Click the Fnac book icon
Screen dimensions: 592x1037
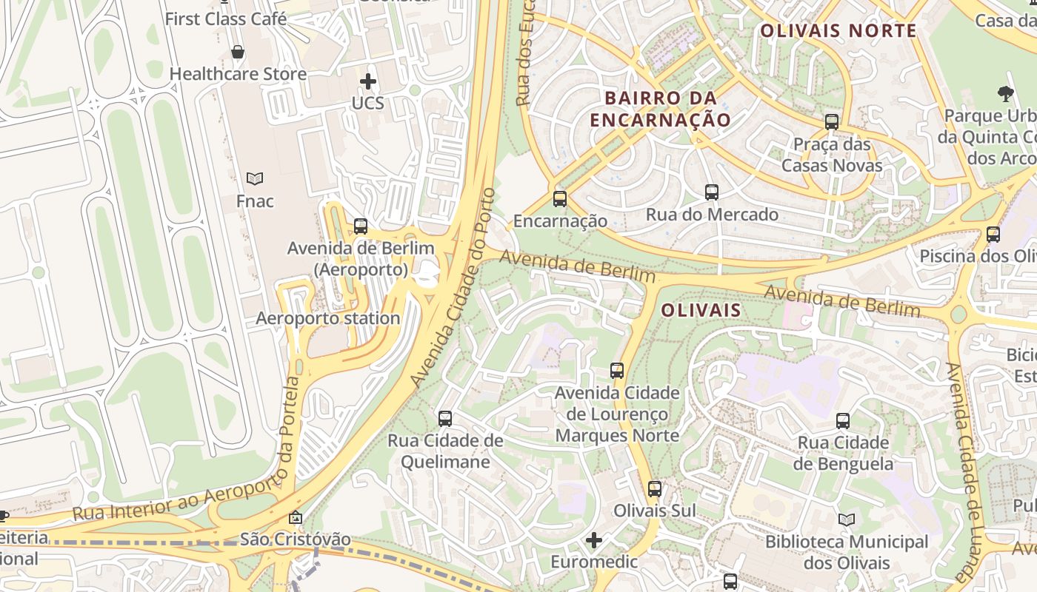click(x=255, y=178)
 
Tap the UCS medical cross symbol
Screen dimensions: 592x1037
click(x=368, y=81)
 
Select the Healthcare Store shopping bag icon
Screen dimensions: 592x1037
click(x=238, y=52)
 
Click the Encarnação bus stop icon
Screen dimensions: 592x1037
click(x=560, y=198)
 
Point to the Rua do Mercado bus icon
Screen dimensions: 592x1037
click(x=712, y=192)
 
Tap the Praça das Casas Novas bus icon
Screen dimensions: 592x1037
click(x=832, y=122)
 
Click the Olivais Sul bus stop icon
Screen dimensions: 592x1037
click(x=655, y=488)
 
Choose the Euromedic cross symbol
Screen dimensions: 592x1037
click(x=594, y=540)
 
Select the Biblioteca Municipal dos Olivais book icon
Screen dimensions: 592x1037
click(x=847, y=519)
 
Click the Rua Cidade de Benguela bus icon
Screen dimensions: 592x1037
click(x=843, y=421)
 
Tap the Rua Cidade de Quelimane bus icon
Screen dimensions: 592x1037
click(x=445, y=418)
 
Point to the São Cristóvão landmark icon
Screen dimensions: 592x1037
click(x=296, y=517)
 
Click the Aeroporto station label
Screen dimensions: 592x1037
click(x=328, y=318)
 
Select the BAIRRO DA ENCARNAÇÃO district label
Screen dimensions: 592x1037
click(x=661, y=109)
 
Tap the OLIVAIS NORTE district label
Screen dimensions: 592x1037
click(x=838, y=31)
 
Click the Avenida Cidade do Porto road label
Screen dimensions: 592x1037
click(x=453, y=289)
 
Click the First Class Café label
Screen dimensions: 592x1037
click(x=226, y=19)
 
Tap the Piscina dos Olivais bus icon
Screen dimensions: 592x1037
click(x=993, y=235)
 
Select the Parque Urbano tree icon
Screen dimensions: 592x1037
click(x=1005, y=94)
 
